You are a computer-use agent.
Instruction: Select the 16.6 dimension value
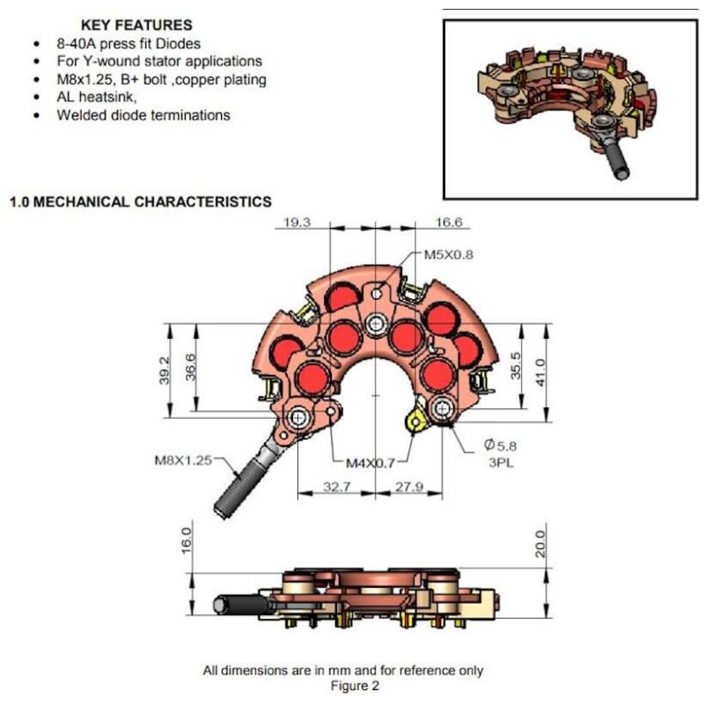448,223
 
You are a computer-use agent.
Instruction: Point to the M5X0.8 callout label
449,256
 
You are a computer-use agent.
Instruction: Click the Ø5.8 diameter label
496,446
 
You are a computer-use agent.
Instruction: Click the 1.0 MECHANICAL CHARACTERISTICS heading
140,202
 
